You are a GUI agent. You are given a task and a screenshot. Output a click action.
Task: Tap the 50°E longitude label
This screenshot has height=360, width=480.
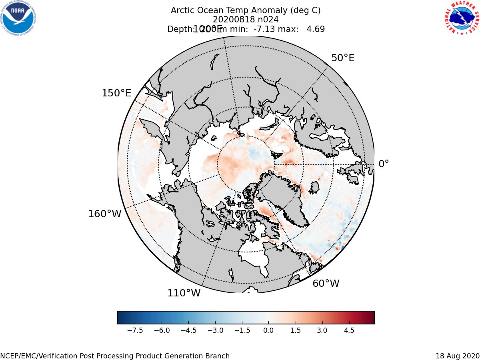tap(342, 58)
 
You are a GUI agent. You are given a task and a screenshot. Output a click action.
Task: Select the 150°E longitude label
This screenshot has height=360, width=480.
tap(116, 93)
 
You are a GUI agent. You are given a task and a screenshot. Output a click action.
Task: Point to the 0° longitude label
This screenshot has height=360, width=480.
tap(384, 164)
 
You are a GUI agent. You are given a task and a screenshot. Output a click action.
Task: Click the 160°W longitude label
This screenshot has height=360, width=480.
tap(104, 214)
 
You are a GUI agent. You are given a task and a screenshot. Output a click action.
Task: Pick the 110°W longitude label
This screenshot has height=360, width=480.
tap(184, 293)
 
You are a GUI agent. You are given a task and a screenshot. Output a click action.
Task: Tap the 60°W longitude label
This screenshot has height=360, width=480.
tap(326, 284)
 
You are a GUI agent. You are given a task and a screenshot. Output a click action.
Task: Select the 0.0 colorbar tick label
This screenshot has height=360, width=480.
tap(268, 330)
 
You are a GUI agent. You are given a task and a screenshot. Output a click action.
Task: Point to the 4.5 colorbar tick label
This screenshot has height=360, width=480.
tap(349, 330)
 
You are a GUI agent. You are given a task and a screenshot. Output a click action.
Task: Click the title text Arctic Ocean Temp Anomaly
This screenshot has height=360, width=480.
tap(245, 10)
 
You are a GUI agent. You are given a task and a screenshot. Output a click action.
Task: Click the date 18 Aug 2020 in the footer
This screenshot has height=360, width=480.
tap(457, 356)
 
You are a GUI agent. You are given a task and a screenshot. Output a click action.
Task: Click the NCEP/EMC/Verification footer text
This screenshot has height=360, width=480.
tap(115, 356)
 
